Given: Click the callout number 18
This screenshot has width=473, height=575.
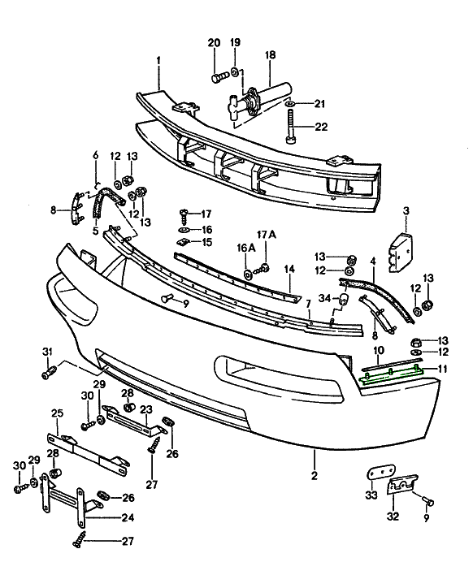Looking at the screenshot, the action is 270,55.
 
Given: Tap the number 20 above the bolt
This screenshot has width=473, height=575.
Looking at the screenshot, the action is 214,43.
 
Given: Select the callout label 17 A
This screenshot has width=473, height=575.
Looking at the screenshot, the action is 267,235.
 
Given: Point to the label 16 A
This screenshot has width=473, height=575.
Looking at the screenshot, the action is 246,248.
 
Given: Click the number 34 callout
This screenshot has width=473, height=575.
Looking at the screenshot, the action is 325,298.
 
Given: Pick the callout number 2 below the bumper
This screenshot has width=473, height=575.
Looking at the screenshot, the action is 314,476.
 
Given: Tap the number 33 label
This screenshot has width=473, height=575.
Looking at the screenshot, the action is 371,495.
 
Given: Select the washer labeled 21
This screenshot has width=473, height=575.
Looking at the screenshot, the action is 289,105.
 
